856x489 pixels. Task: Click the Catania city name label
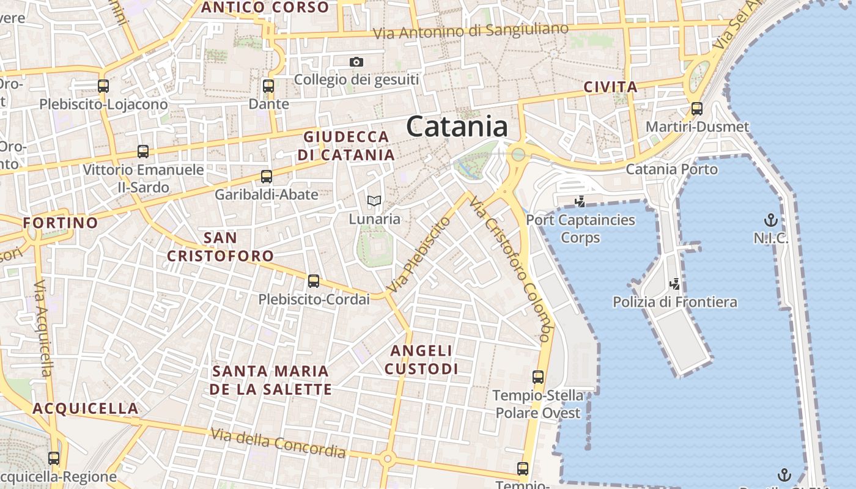tap(457, 127)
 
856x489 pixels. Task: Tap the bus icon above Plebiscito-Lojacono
tap(103, 86)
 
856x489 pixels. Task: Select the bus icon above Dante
tap(268, 86)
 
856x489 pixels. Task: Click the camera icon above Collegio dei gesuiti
tap(356, 62)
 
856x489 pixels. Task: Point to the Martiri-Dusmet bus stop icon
tap(697, 109)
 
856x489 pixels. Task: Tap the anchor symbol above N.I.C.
tap(771, 219)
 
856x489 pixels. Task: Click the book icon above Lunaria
tap(374, 200)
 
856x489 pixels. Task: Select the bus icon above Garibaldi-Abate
tap(267, 177)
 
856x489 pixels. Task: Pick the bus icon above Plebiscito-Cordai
tap(314, 281)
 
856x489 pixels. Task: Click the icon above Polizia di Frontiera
tap(675, 284)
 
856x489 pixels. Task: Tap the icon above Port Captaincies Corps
tap(580, 201)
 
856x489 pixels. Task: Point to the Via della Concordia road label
tap(278, 443)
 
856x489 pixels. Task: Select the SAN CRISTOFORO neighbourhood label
tap(221, 246)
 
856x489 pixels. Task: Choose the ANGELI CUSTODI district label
tap(422, 359)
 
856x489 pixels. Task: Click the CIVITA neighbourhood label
tap(611, 87)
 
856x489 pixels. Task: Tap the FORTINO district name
tap(61, 222)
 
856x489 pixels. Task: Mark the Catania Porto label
tap(671, 169)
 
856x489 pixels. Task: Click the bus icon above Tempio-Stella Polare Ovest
tap(538, 377)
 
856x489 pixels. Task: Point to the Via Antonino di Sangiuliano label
tap(471, 31)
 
